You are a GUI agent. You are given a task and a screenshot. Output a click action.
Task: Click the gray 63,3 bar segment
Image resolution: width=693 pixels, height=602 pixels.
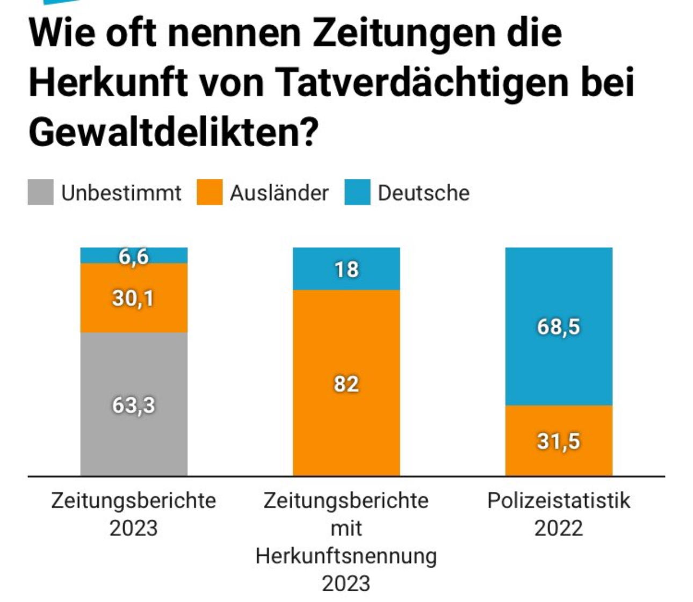134,404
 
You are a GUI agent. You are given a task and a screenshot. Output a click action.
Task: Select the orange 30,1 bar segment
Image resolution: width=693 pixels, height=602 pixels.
134,298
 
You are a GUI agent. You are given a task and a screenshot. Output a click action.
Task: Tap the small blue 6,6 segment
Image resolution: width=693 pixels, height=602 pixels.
134,256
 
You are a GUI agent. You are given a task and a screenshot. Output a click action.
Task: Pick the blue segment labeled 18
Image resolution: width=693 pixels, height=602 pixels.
346,269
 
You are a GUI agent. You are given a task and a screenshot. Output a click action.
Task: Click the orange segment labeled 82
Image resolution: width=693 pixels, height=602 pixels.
346,383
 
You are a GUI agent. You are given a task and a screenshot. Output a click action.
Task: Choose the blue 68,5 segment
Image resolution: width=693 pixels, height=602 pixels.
559,326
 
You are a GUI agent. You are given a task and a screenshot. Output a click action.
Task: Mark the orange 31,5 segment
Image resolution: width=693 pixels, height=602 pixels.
559,440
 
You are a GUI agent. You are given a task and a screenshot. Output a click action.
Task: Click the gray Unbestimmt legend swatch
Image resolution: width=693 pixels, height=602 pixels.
41,192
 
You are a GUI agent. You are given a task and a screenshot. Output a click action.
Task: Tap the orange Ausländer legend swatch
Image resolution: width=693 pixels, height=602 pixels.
210,192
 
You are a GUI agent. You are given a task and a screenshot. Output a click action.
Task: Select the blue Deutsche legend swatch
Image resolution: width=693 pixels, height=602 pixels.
357,192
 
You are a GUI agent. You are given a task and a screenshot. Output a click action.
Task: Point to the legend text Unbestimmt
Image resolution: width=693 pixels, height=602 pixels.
121,193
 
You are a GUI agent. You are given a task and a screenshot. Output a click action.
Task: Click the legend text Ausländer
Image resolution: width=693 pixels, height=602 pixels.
279,193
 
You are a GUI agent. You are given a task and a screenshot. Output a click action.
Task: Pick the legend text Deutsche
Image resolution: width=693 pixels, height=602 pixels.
423,193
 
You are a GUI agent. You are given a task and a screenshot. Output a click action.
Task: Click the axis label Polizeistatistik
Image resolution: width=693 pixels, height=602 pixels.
559,501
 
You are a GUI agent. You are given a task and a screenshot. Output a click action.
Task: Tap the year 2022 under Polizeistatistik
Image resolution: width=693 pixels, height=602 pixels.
559,528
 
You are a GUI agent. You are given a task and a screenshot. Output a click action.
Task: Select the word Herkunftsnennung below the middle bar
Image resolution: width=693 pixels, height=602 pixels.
346,556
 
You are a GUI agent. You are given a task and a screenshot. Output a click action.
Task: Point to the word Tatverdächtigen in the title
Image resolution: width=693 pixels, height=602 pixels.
421,82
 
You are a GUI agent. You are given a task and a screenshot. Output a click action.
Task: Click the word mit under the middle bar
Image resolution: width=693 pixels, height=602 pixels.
346,528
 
